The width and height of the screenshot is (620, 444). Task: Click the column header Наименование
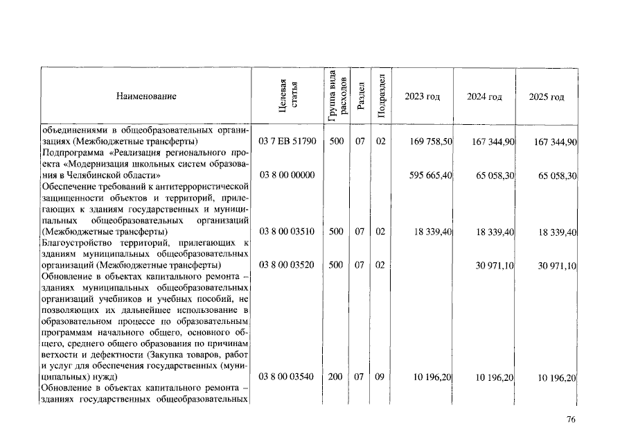146,96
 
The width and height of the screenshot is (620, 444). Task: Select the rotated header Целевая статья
287,96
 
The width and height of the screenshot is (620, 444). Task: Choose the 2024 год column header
484,96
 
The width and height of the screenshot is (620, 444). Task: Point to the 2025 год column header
547,96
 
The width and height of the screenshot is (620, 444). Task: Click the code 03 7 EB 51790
287,141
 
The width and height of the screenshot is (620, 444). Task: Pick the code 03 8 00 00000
287,176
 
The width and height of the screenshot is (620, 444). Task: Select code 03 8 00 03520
287,265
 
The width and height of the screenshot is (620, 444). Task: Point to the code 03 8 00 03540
287,377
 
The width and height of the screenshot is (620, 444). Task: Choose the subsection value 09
380,377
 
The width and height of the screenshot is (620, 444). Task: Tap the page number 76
572,419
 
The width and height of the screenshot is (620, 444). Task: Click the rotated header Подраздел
380,96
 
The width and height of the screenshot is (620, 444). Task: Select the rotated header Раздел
360,96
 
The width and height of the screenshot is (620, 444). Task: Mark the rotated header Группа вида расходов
336,96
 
